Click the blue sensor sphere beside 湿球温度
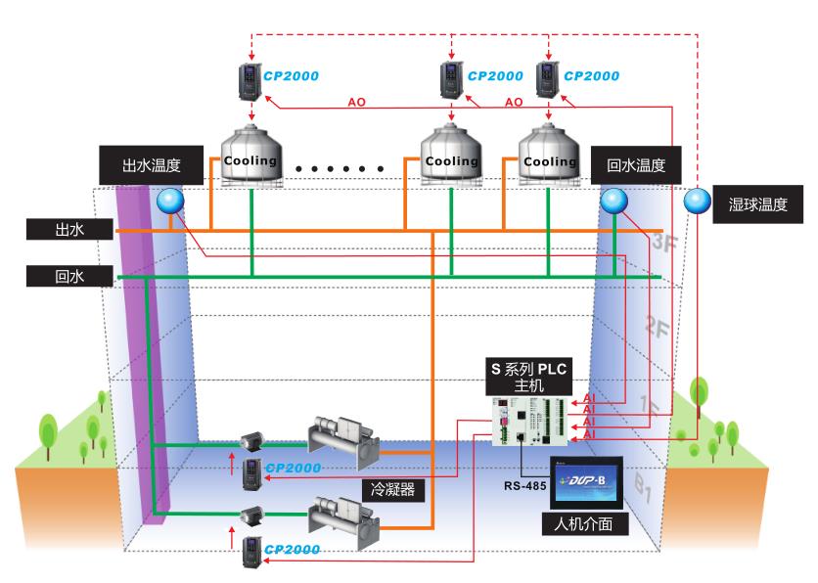[x=698, y=202]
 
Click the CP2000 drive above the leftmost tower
[x=252, y=79]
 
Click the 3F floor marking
[x=664, y=244]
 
